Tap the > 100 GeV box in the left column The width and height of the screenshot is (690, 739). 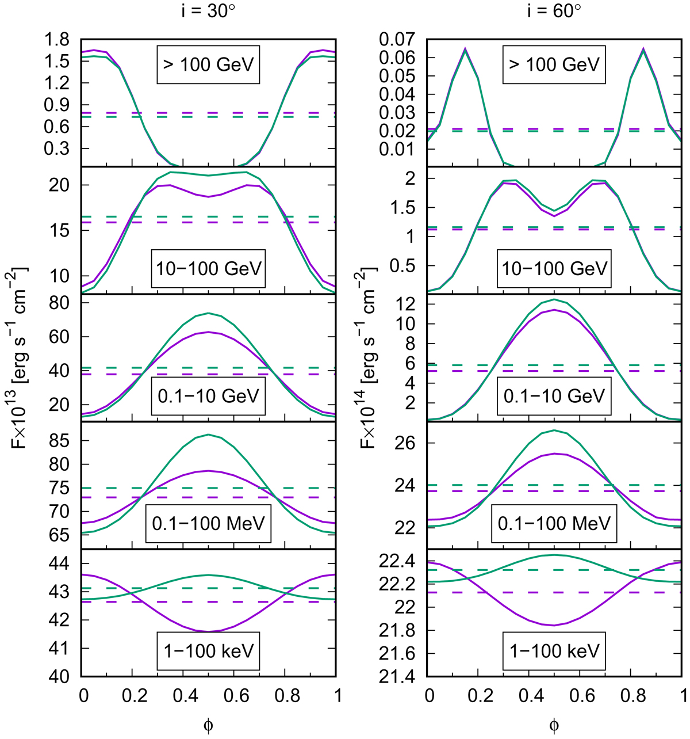tap(208, 64)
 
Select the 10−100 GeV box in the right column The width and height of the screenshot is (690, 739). tap(553, 268)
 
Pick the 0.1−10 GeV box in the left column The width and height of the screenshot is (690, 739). tap(208, 396)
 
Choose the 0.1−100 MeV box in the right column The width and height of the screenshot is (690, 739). tap(553, 524)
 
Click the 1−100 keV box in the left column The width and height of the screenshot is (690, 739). tap(208, 651)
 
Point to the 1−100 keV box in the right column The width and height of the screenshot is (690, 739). tap(553, 651)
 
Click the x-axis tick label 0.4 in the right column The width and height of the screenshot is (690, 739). tap(528, 696)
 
